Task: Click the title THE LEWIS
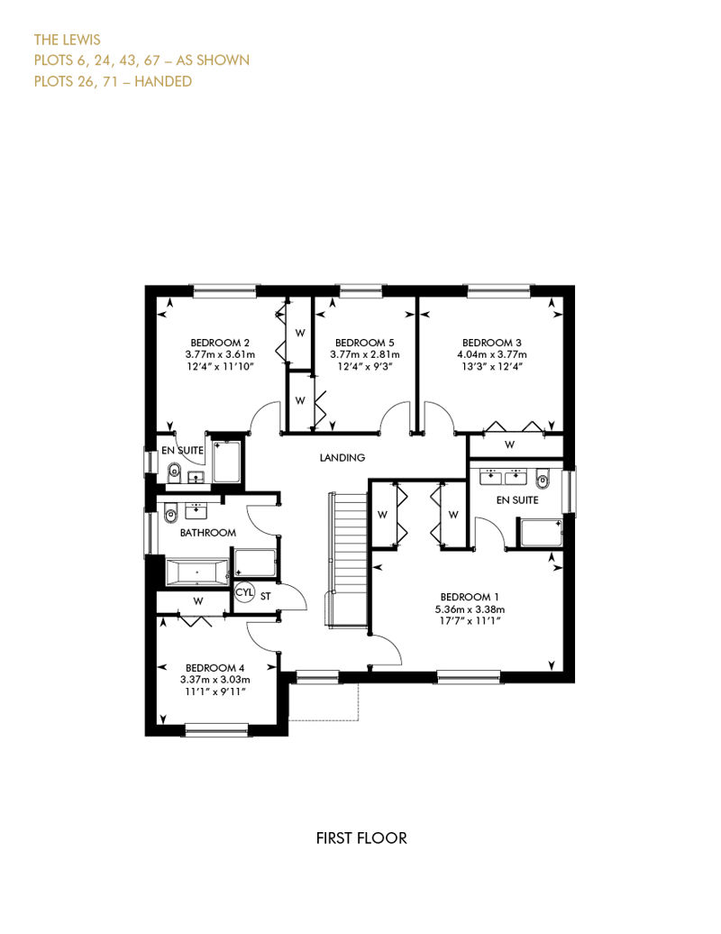tap(68, 40)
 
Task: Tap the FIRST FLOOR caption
tap(361, 838)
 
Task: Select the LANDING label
tap(342, 457)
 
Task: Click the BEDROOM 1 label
tap(470, 597)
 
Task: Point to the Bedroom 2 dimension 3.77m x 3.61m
tap(220, 354)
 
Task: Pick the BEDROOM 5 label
tap(364, 343)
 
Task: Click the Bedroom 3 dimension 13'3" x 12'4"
tap(492, 366)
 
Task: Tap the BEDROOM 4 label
tap(214, 668)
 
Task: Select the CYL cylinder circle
tap(244, 592)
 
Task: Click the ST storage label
tap(266, 596)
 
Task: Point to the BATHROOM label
tap(208, 533)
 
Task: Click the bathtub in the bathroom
tap(197, 572)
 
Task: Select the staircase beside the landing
tap(347, 559)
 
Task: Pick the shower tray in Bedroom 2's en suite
tap(226, 462)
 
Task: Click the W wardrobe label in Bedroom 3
tap(509, 444)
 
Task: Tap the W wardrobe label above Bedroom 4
tap(198, 601)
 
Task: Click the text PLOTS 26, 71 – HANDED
tap(114, 81)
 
